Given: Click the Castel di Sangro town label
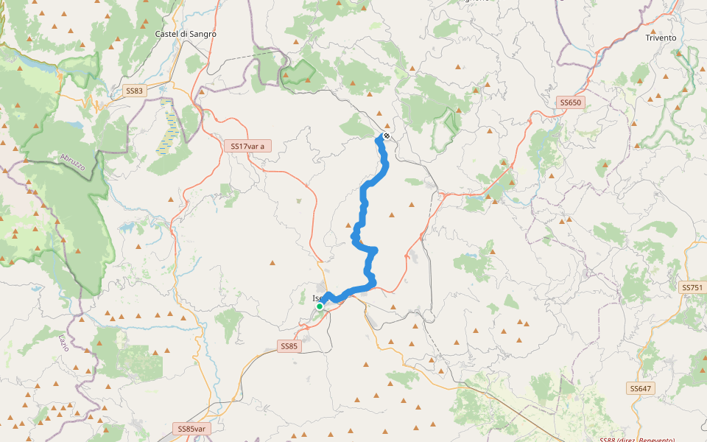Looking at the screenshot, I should [186, 34].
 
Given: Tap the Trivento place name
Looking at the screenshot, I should [661, 38].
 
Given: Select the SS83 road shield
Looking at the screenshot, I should [134, 91].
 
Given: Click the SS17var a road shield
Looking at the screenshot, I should [247, 146].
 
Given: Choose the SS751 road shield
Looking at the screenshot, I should [692, 287].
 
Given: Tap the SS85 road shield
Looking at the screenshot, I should [289, 345].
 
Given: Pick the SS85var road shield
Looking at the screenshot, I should [191, 428].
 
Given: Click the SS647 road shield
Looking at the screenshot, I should [641, 387].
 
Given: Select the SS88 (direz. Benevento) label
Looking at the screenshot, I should [637, 439].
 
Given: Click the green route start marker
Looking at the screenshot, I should [320, 306].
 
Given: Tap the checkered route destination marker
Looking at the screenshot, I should [386, 136].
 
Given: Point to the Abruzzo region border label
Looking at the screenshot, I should [73, 162].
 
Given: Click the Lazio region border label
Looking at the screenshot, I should [63, 343].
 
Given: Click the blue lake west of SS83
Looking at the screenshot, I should [41, 66].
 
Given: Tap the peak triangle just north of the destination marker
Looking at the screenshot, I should [379, 113].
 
